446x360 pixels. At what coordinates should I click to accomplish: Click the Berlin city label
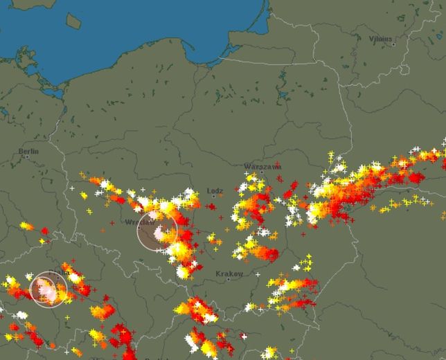pos(29,151)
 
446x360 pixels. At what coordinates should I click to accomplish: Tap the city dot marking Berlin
pos(28,157)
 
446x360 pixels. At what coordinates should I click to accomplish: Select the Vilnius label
pos(381,39)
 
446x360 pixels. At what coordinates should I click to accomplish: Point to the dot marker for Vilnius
pos(393,44)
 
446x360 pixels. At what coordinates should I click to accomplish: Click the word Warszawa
pos(262,167)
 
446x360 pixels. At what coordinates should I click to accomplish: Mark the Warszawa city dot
pos(262,173)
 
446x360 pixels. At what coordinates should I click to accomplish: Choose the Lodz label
pos(215,190)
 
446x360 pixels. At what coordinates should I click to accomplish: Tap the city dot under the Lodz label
pos(214,197)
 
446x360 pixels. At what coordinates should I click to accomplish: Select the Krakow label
pos(229,274)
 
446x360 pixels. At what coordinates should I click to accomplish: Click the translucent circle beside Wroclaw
pos(157,231)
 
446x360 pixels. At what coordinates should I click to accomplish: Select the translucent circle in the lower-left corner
pos(48,289)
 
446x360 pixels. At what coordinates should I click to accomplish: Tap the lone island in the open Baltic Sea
pos(73,21)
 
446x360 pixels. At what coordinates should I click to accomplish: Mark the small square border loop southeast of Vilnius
pos(404,70)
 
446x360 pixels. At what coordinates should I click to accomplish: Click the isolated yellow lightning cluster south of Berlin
pos(26,226)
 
